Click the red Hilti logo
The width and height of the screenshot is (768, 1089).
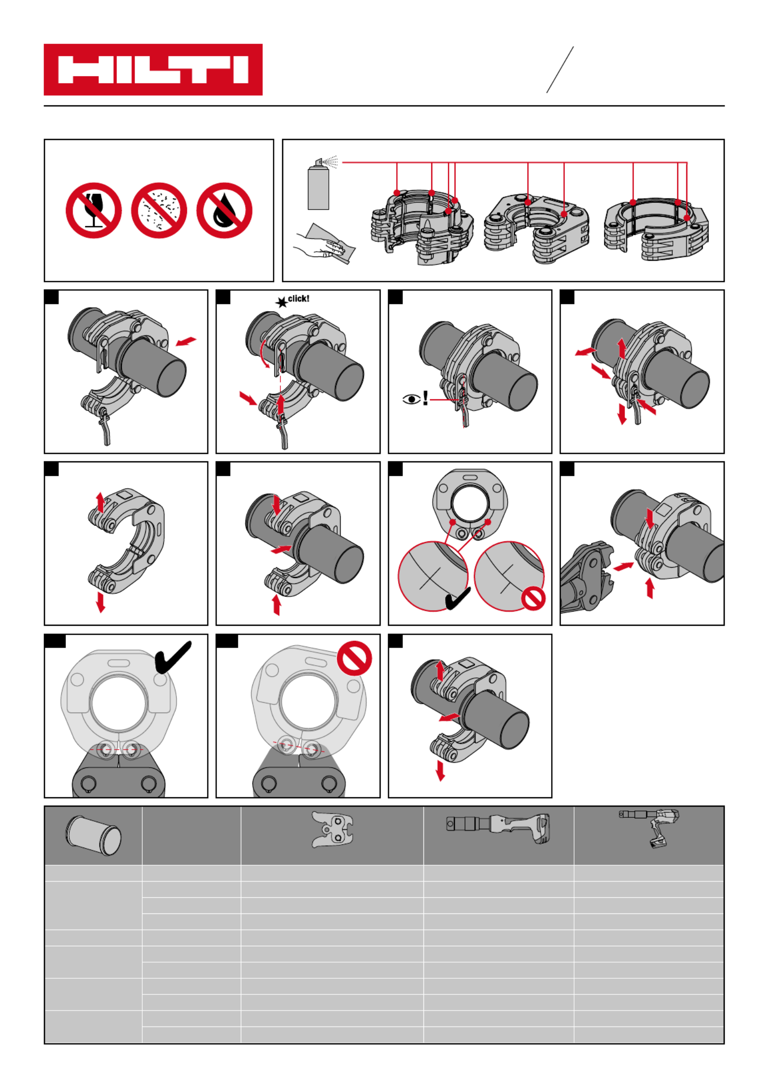tap(153, 69)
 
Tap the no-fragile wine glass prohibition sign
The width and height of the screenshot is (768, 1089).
tap(94, 211)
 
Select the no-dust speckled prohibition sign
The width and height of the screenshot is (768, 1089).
tap(159, 211)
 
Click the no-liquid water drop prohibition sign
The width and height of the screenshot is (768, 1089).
tap(224, 211)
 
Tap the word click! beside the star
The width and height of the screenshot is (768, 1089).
tap(298, 298)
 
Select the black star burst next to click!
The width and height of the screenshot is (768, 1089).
tap(281, 303)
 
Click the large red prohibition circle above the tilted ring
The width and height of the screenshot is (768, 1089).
tap(354, 658)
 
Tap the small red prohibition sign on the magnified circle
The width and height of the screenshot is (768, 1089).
tap(533, 598)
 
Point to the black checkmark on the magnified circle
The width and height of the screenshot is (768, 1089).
tap(458, 599)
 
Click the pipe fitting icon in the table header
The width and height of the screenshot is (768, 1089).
tap(93, 835)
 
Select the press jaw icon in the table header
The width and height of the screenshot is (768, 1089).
tap(332, 830)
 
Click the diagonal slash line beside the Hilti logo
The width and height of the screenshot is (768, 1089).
tap(560, 70)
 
